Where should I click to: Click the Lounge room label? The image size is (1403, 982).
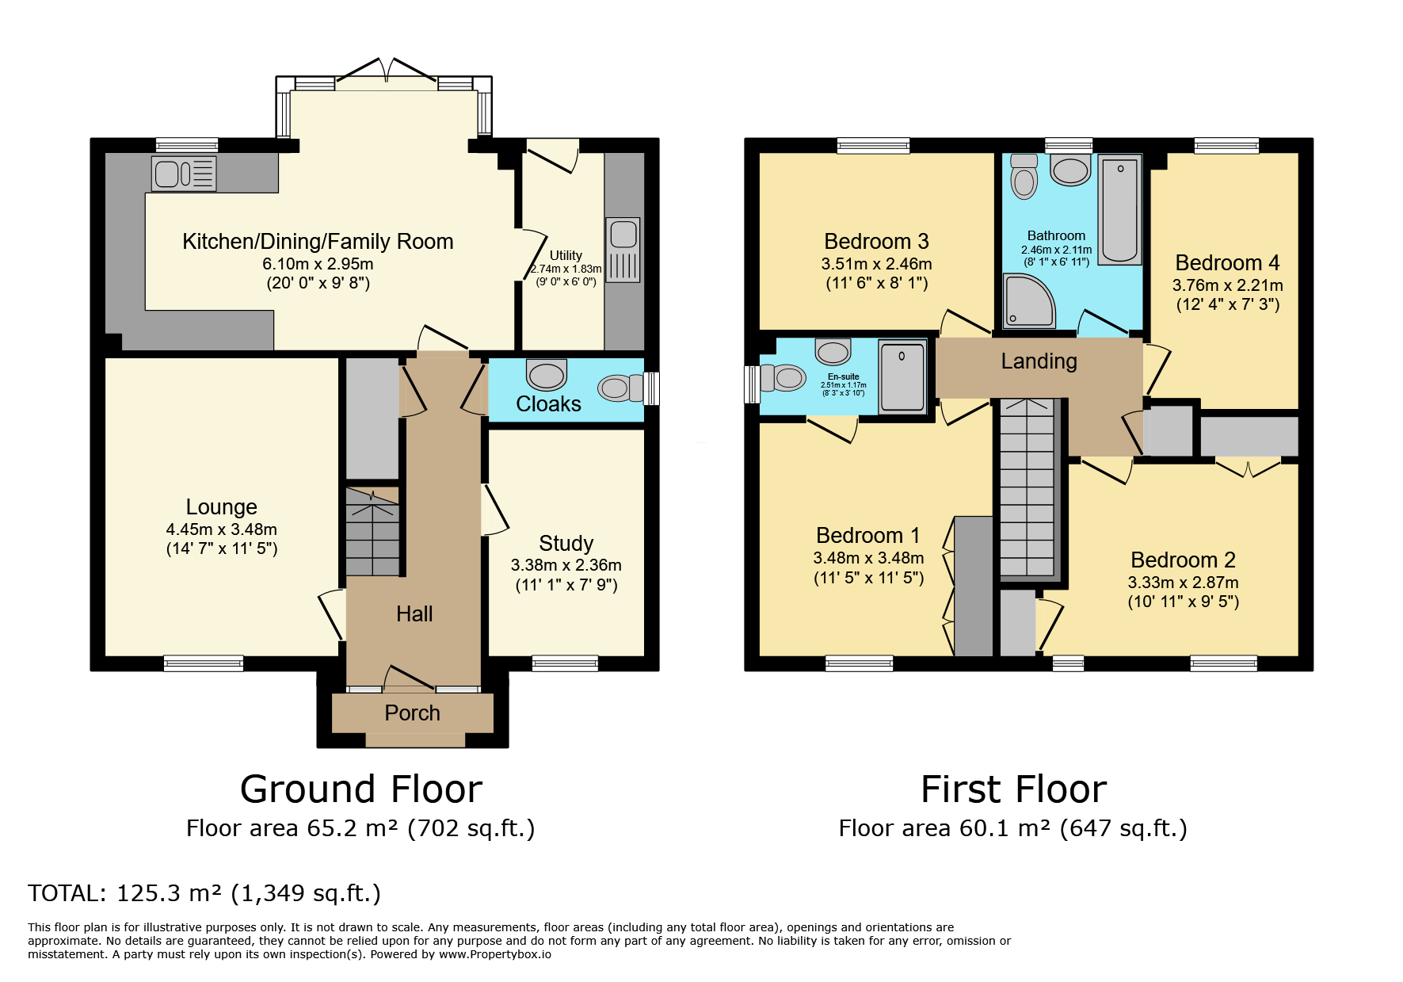[x=222, y=507]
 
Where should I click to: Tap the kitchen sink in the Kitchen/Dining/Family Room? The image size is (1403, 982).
[x=184, y=174]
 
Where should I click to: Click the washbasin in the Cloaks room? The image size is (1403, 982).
[x=547, y=375]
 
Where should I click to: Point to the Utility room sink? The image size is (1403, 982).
[x=623, y=250]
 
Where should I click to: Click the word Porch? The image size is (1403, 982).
[x=412, y=713]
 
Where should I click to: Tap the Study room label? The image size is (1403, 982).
[x=566, y=544]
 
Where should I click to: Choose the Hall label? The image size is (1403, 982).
[x=414, y=614]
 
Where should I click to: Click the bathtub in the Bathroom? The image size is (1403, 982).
[x=1119, y=209]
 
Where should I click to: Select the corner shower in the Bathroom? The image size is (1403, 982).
[x=1027, y=301]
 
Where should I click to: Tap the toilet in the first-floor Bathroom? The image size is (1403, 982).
[x=1024, y=176]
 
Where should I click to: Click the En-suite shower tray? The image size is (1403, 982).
[x=902, y=376]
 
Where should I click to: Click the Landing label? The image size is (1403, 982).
[x=1039, y=361]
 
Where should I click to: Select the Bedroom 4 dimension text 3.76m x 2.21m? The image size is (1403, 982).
[x=1227, y=285]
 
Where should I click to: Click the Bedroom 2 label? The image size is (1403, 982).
[x=1183, y=560]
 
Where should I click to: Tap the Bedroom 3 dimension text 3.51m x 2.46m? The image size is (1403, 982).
[x=876, y=264]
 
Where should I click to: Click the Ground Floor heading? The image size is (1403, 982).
[x=361, y=789]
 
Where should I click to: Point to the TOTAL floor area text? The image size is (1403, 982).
[x=204, y=893]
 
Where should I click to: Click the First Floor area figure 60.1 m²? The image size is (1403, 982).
[x=1005, y=828]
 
